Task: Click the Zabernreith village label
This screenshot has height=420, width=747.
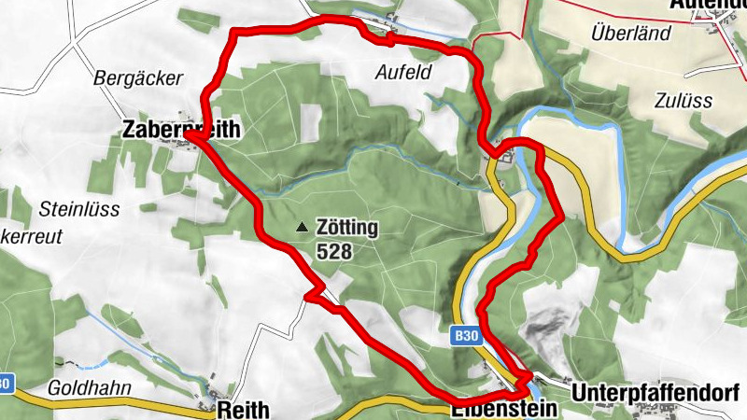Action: pyautogui.click(x=181, y=130)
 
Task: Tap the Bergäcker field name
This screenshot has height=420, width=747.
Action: pyautogui.click(x=138, y=78)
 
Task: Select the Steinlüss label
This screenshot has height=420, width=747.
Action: pyautogui.click(x=79, y=209)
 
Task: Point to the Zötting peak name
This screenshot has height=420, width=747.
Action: pyautogui.click(x=346, y=227)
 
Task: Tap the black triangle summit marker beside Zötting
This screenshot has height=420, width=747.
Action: pyautogui.click(x=301, y=227)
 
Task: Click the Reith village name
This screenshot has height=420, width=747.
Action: pyautogui.click(x=244, y=410)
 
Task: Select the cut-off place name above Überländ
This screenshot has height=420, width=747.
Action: pyautogui.click(x=708, y=5)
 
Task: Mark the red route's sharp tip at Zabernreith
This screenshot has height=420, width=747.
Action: pyautogui.click(x=187, y=136)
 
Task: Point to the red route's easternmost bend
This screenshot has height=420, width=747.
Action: pyautogui.click(x=560, y=218)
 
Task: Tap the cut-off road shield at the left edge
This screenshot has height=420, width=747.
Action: pyautogui.click(x=6, y=383)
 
